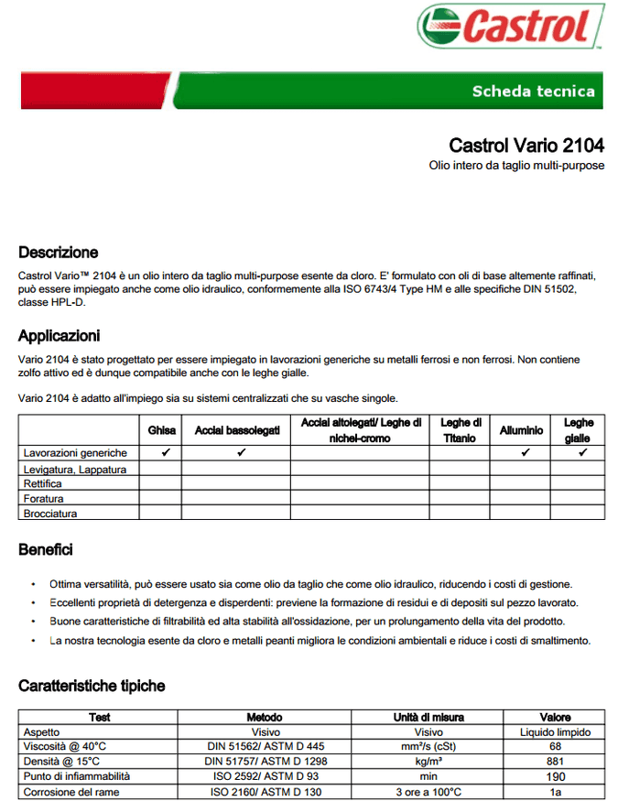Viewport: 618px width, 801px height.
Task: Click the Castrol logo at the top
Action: [x=511, y=27]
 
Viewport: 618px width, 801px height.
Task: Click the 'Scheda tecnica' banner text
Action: [x=533, y=91]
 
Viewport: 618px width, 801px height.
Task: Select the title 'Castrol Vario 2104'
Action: [x=526, y=146]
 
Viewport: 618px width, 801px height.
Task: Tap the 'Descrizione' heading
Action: [x=58, y=253]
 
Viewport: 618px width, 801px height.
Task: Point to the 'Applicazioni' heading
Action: [x=59, y=336]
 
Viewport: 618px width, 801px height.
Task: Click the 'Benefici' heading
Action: [x=46, y=550]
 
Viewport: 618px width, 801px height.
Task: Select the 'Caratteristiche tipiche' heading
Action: [x=92, y=686]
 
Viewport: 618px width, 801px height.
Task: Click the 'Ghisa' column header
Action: [x=161, y=430]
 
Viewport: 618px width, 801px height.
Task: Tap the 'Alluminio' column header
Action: [x=521, y=430]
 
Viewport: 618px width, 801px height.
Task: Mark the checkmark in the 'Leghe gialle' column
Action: [x=582, y=453]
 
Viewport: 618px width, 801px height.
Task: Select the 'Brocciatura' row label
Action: [x=50, y=514]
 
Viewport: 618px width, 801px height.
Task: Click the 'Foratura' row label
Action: [x=44, y=499]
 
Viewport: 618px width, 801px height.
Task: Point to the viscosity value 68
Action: [x=555, y=746]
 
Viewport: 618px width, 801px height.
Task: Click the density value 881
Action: [x=555, y=762]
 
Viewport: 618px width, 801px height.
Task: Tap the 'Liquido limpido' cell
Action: [x=555, y=732]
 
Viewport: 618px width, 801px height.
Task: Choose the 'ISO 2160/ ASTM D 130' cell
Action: [x=265, y=792]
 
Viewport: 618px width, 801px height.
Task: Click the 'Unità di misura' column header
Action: [x=428, y=718]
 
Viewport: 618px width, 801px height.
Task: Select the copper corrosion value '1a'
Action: [x=555, y=792]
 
